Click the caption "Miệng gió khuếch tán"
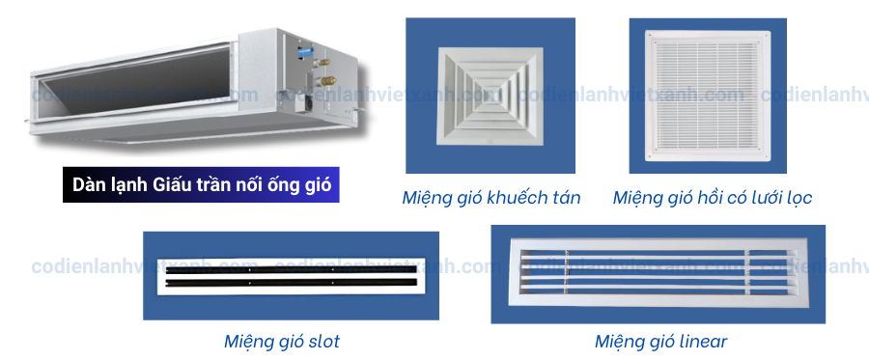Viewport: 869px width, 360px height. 491,199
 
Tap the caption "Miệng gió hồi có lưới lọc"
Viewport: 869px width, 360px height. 712,199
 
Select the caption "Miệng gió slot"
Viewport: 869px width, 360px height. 281,342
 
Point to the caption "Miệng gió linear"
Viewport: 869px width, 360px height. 660,342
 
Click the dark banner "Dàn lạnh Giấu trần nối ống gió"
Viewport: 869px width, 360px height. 201,182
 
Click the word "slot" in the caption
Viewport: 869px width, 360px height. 322,342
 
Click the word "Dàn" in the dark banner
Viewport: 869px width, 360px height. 89,182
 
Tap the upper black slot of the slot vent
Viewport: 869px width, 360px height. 290,271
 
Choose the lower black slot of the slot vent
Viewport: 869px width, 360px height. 290,284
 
